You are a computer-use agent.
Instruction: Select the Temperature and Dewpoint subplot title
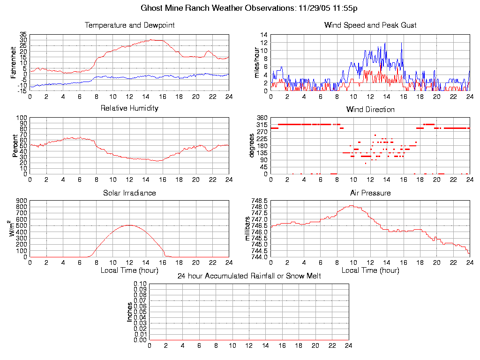coord(129,25)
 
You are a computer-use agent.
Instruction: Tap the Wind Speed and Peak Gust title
coord(370,25)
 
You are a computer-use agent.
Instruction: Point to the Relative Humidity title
coord(129,108)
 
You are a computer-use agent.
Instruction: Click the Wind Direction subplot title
coord(370,110)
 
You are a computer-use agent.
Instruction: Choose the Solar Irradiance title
coord(129,193)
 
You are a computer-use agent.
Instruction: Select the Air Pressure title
coord(370,193)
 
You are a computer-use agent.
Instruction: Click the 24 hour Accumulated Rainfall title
coord(249,276)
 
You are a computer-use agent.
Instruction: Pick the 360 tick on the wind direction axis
coord(262,118)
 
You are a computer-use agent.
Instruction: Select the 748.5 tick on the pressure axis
coord(259,201)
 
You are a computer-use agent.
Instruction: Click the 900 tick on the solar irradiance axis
coord(22,201)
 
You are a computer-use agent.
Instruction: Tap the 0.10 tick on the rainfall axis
coord(140,284)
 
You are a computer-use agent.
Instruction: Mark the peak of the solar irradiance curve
coord(129,225)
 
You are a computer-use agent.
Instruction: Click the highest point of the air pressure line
coord(351,205)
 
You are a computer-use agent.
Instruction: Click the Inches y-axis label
coord(130,312)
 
